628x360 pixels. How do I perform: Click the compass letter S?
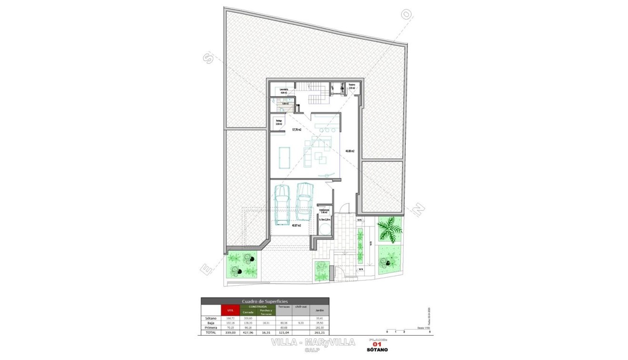click(208, 59)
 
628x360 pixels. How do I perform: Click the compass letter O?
click(406, 15)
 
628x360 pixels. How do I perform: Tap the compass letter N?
click(418, 210)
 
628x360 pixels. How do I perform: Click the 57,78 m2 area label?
click(296, 129)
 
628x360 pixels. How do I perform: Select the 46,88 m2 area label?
click(350, 151)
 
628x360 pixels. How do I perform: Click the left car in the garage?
click(282, 203)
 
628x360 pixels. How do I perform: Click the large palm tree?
click(390, 229)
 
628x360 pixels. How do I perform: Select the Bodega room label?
click(279, 122)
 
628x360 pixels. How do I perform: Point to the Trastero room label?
click(352, 87)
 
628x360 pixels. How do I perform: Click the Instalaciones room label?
click(324, 211)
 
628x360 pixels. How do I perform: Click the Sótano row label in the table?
click(210, 318)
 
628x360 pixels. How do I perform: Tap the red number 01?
click(377, 344)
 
